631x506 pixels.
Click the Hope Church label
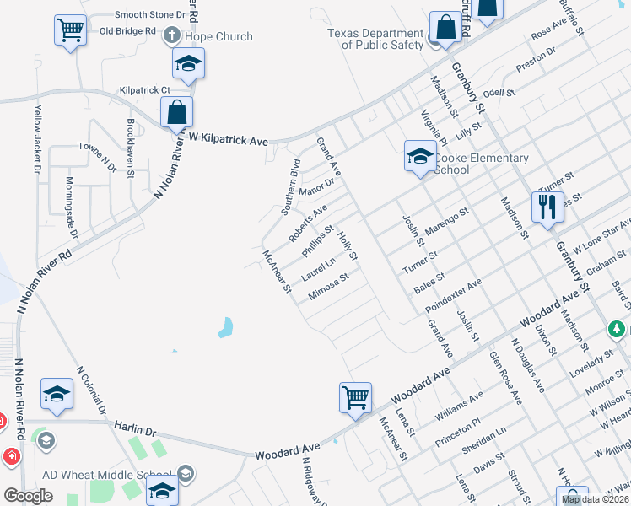click(x=218, y=36)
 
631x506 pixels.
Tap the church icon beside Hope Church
click(x=172, y=35)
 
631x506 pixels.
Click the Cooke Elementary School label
click(x=481, y=164)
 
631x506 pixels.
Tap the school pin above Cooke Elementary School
click(x=419, y=156)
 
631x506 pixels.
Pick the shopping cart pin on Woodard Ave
click(x=356, y=398)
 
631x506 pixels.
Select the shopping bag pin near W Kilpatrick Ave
click(x=177, y=112)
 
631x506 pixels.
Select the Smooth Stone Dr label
click(x=149, y=15)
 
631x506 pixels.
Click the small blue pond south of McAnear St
click(x=226, y=326)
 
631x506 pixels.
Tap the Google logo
click(x=28, y=496)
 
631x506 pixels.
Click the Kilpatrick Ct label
click(x=145, y=89)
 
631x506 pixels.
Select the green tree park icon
click(x=618, y=329)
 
